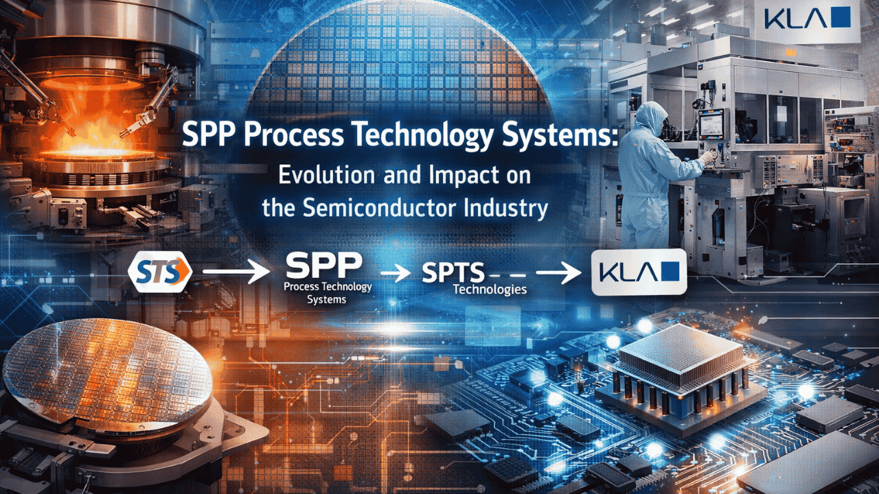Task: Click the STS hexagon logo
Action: pos(160,272)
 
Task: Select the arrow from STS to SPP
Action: pos(236,271)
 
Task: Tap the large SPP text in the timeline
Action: pos(324,266)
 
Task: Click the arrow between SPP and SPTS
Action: pos(396,272)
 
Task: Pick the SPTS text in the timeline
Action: pos(453,272)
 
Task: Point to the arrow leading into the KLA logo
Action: pos(559,272)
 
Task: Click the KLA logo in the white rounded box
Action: pos(639,272)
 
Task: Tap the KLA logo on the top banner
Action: pos(807,18)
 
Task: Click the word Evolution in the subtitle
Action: pos(326,175)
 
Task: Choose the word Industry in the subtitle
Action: pos(506,209)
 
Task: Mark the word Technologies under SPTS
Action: pos(490,290)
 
